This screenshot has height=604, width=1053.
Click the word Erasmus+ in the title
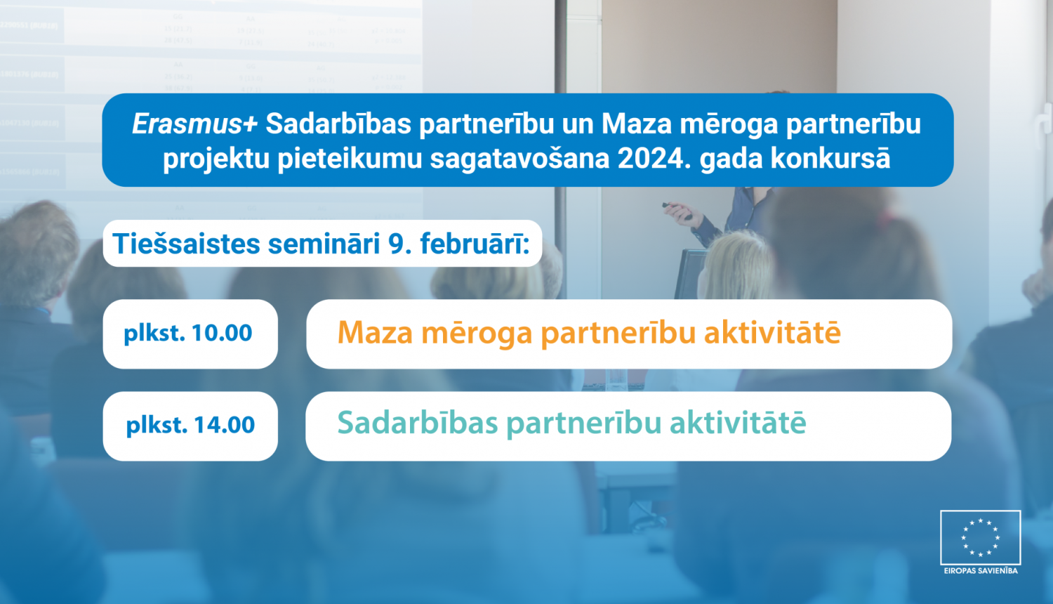[x=194, y=124]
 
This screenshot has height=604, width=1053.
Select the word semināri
[x=324, y=244]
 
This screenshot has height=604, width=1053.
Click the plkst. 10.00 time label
[x=188, y=333]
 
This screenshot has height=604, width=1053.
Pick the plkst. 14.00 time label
[x=190, y=425]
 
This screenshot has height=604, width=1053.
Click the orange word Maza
[x=375, y=333]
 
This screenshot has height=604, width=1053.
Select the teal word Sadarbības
[x=418, y=424]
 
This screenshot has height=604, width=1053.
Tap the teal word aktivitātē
[x=738, y=424]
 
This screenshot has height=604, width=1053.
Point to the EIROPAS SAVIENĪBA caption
[x=980, y=571]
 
